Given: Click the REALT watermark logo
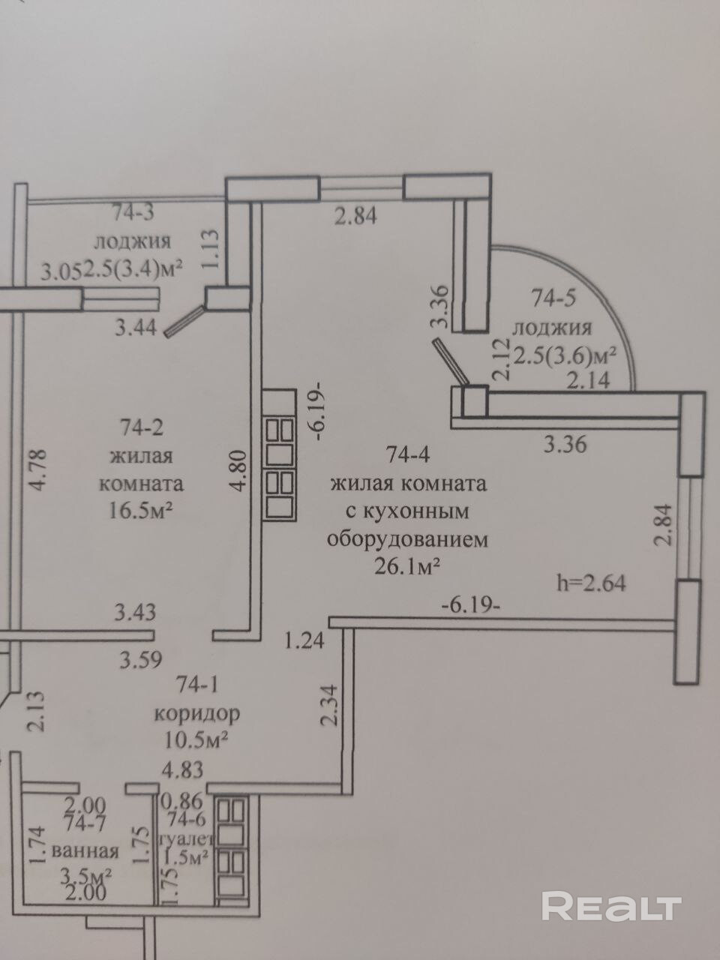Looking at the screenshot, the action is (611, 907).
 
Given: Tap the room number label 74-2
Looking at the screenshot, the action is (142, 427).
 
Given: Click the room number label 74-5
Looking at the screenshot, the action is (554, 298).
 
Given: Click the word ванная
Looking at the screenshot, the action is (86, 851).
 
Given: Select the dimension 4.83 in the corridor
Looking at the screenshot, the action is (183, 769).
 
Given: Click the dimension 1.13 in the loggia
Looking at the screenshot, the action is (211, 250).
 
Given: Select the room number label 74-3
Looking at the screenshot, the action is (133, 212).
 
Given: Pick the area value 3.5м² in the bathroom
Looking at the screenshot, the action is (86, 876).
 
